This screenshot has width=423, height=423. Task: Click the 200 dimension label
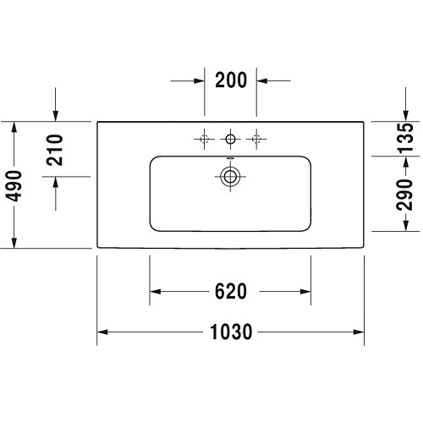point(231,80)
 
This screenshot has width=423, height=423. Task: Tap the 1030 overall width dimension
point(231,332)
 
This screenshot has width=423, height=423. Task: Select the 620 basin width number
point(231,291)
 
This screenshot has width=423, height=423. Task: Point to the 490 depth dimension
point(14,186)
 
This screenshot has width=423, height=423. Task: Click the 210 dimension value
point(55,150)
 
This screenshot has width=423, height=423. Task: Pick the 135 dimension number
point(405,138)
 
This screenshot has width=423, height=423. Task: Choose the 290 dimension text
point(404,195)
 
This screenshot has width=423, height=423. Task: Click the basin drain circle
point(230,177)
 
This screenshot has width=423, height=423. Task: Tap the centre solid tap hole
point(230,139)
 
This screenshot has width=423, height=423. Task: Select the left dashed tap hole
point(205,139)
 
